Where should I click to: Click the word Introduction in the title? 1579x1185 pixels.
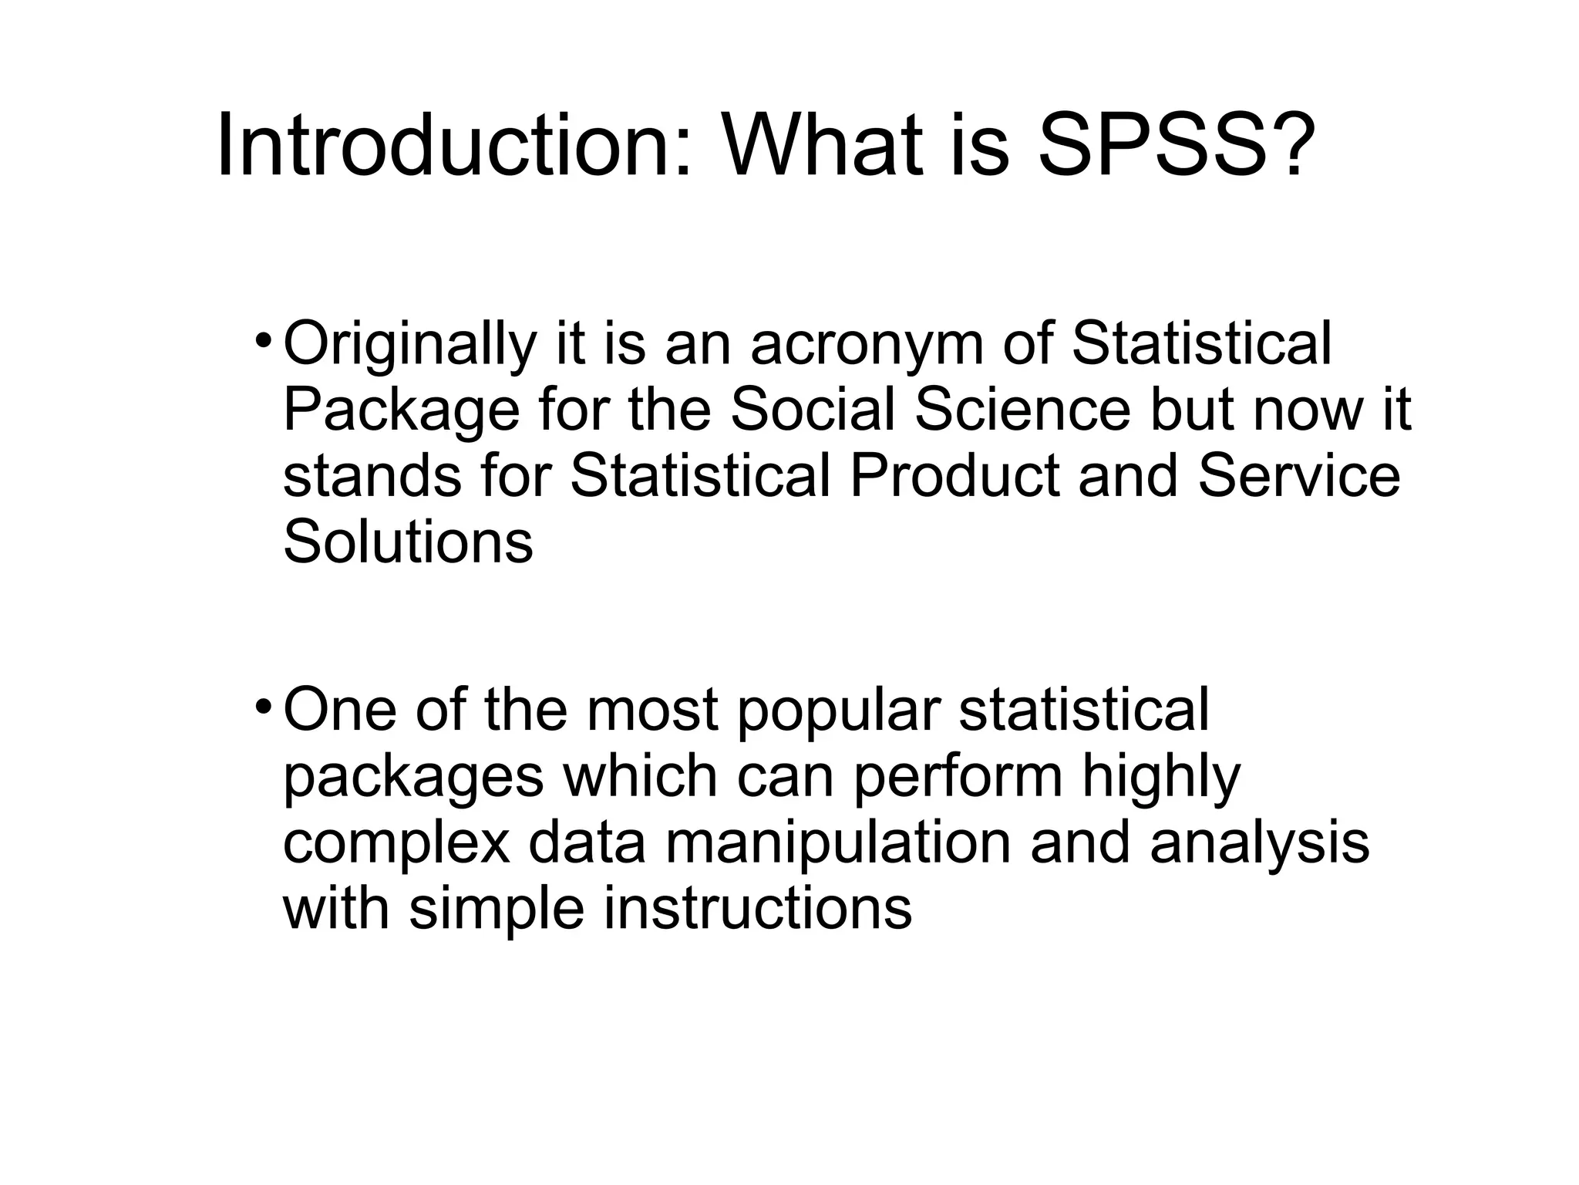pyautogui.click(x=455, y=147)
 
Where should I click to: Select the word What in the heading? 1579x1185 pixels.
pyautogui.click(x=822, y=147)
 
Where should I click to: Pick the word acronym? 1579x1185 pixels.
pyautogui.click(x=867, y=345)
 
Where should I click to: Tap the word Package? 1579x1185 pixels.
pyautogui.click(x=401, y=411)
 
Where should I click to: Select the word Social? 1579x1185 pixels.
pyautogui.click(x=813, y=410)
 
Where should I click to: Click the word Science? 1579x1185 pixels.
pyautogui.click(x=1022, y=410)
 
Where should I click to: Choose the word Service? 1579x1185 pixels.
pyautogui.click(x=1298, y=476)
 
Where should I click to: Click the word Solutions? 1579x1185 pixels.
pyautogui.click(x=408, y=542)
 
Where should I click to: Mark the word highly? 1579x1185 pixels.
pyautogui.click(x=1161, y=776)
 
